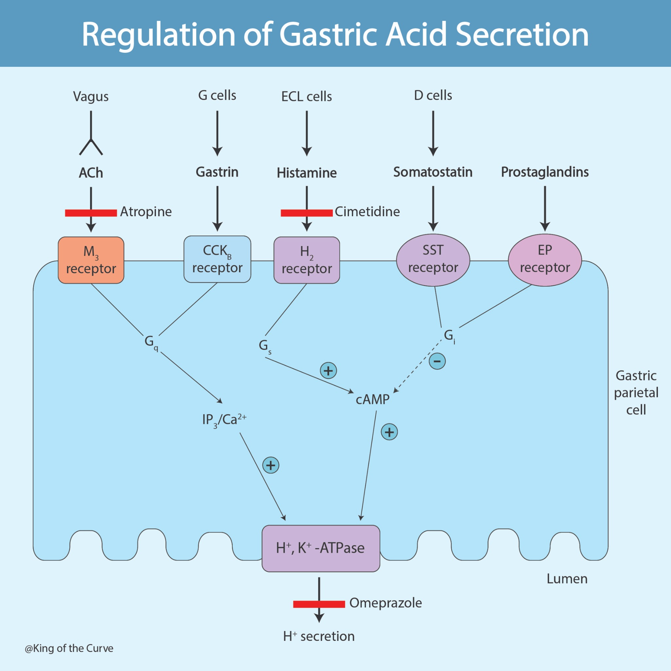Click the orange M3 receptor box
tap(91, 260)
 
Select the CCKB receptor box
tap(217, 259)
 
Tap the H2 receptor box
tap(307, 260)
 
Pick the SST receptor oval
tap(433, 259)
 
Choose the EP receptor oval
tap(545, 259)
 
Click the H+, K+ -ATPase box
tap(321, 548)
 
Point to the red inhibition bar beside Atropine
tap(91, 213)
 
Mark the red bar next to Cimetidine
tap(307, 213)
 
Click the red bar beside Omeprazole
tap(319, 604)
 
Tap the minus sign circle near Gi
tap(437, 361)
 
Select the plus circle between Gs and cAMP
tap(328, 370)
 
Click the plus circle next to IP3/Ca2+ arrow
tap(271, 465)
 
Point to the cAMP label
tap(372, 399)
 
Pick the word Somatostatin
tap(432, 172)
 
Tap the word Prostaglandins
tap(545, 172)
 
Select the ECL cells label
tap(306, 96)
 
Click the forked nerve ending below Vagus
tap(91, 146)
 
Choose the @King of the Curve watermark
tap(69, 648)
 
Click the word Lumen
tap(567, 579)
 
